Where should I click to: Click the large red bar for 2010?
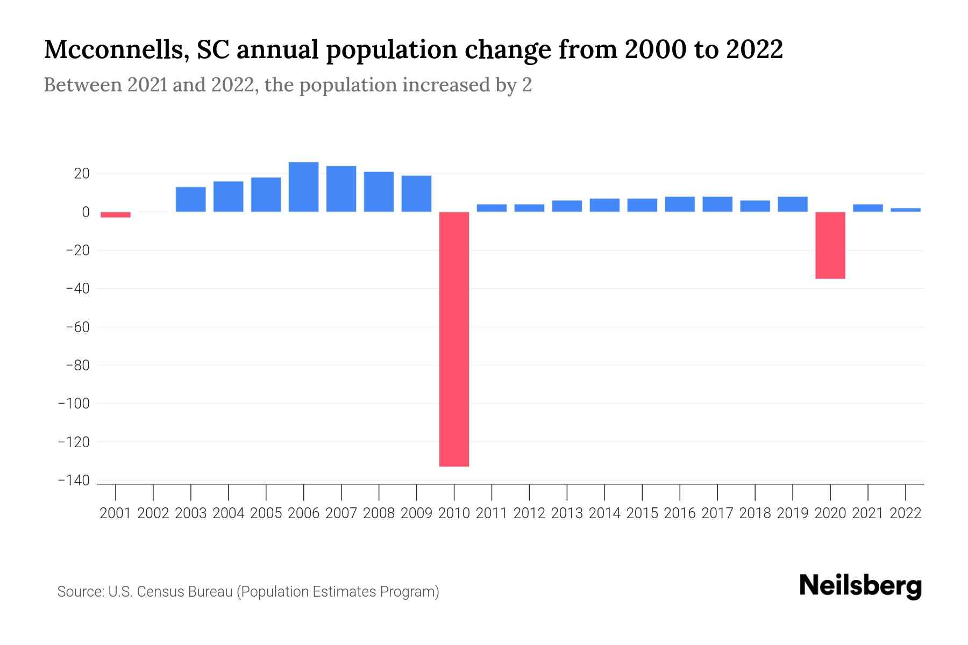coord(454,339)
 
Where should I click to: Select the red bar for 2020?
coord(830,245)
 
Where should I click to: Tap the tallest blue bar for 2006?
coord(303,187)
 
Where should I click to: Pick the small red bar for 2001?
coord(115,214)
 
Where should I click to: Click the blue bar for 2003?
coord(190,199)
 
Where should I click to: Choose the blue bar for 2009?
coord(416,193)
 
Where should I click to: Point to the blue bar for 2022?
coord(905,210)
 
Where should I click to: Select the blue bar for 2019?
coord(792,204)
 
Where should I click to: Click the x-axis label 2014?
coord(604,513)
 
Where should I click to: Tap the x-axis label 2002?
coord(153,513)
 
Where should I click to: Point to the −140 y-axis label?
coord(74,481)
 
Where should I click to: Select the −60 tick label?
coord(77,327)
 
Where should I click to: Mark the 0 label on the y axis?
coord(86,212)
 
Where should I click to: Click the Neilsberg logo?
coord(860,586)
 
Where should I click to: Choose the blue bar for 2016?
coord(679,204)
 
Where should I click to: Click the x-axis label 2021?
coord(867,513)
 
